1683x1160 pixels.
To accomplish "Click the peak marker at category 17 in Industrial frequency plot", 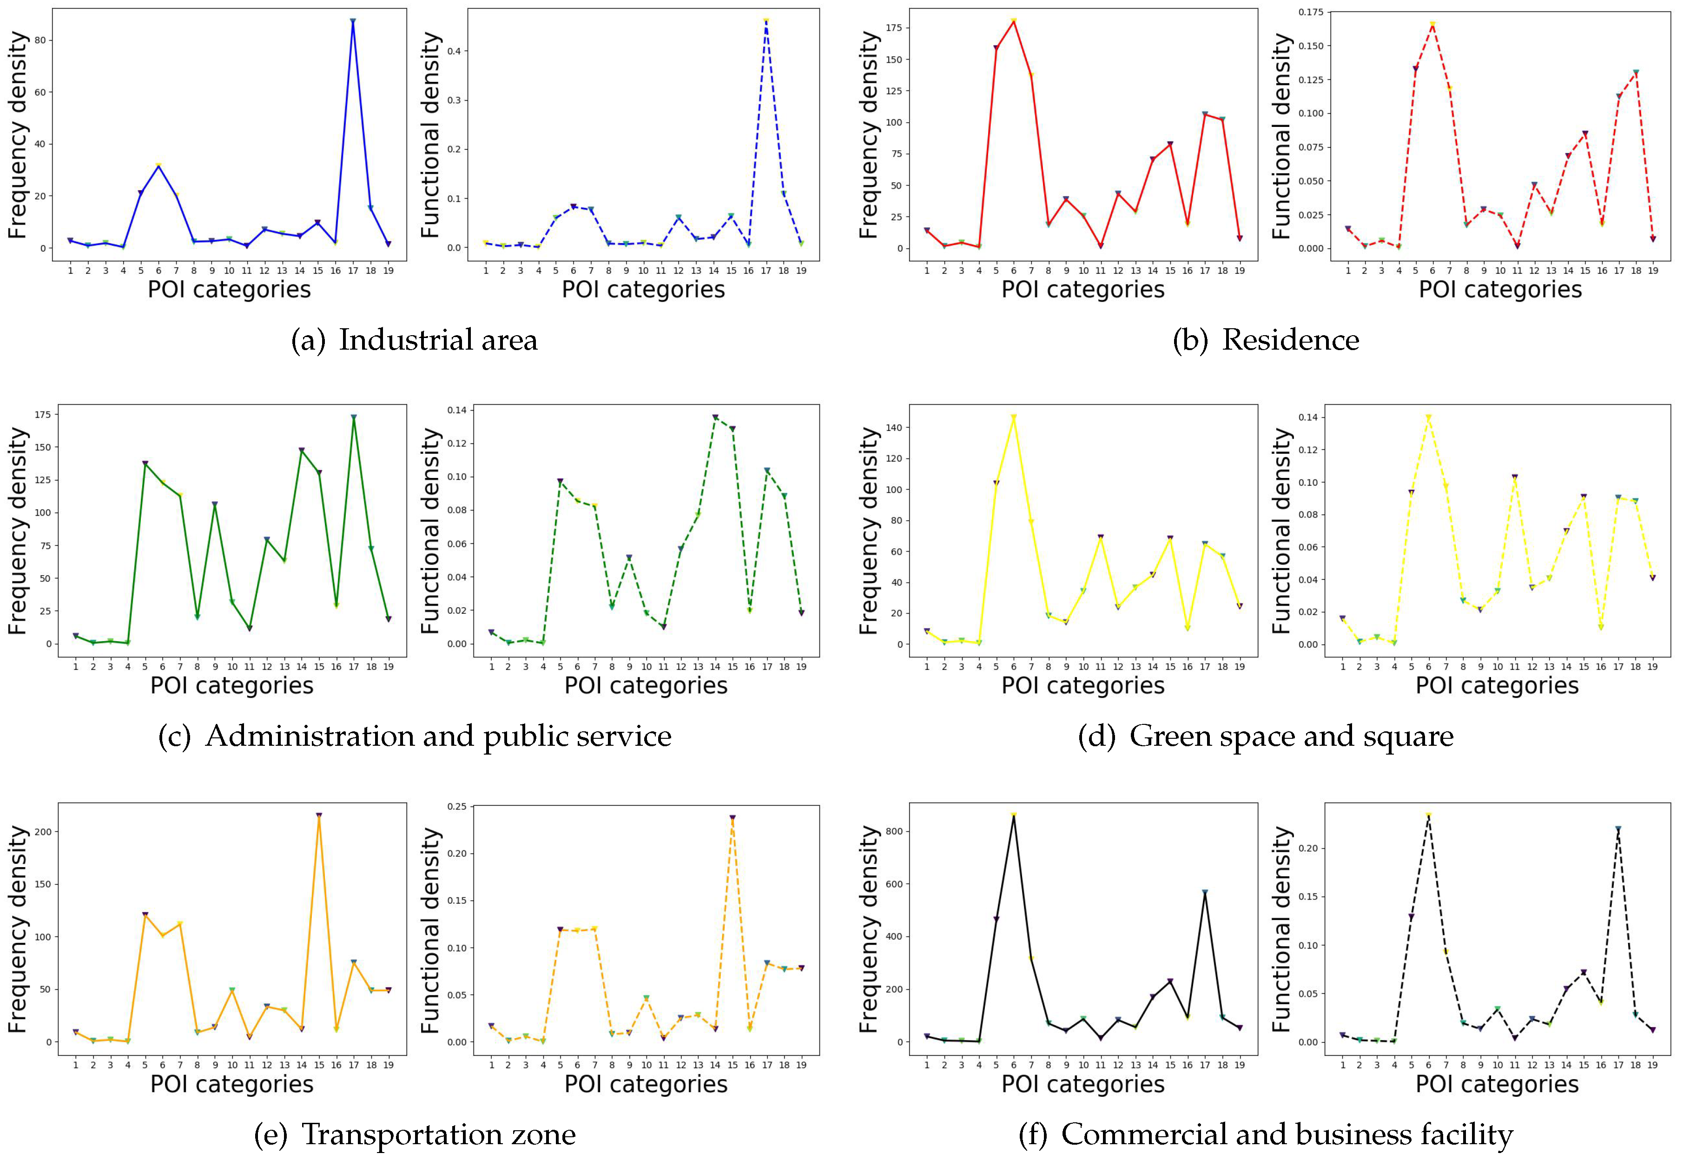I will (x=353, y=22).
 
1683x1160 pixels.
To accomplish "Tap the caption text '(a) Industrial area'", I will (x=414, y=340).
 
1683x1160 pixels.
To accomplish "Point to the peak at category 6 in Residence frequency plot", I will (x=1013, y=20).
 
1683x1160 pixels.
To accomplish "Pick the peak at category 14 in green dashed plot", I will (x=715, y=417).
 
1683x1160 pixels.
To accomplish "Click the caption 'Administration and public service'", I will (x=438, y=736).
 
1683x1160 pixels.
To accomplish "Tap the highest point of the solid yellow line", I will (x=1013, y=417).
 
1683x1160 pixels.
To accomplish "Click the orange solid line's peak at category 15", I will (x=319, y=815).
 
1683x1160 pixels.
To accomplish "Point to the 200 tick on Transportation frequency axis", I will (x=44, y=831).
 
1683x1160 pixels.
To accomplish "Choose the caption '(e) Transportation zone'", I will (x=415, y=1134).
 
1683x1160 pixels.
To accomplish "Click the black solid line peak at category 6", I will (x=1013, y=815).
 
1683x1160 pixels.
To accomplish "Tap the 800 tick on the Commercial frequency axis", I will (x=893, y=831).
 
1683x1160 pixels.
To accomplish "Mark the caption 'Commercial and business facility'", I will (x=1287, y=1134).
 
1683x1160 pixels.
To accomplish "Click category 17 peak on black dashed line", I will (x=1617, y=829).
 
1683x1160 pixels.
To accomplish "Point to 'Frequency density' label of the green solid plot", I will (x=18, y=530).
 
